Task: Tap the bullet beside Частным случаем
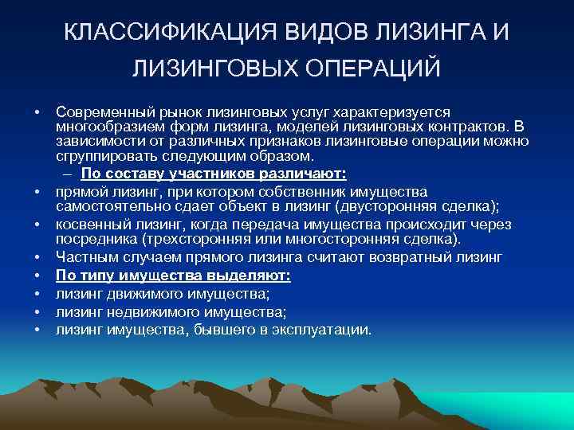37,258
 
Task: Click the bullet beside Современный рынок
37,112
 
